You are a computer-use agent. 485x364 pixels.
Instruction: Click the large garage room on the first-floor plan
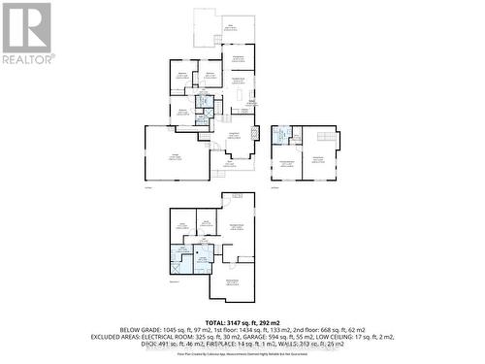(x=177, y=153)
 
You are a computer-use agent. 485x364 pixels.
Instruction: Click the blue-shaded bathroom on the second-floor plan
(x=278, y=137)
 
